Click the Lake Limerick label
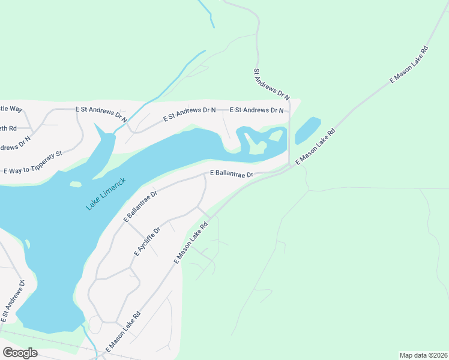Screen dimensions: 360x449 pyautogui.click(x=106, y=194)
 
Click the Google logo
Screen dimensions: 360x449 pyautogui.click(x=20, y=352)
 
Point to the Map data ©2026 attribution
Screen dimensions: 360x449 pyautogui.click(x=424, y=355)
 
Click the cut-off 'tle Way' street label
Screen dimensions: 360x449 pyautogui.click(x=11, y=109)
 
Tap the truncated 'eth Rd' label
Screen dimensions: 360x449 pyautogui.click(x=8, y=128)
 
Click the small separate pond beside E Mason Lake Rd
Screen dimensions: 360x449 pyautogui.click(x=307, y=130)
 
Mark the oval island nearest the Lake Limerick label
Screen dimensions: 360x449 pyautogui.click(x=76, y=184)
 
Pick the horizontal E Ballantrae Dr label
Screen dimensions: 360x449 pyautogui.click(x=232, y=173)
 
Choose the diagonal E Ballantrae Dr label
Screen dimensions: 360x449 pyautogui.click(x=140, y=207)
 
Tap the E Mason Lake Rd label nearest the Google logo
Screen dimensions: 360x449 pyautogui.click(x=123, y=332)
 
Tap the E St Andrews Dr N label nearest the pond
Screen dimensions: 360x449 pyautogui.click(x=258, y=110)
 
